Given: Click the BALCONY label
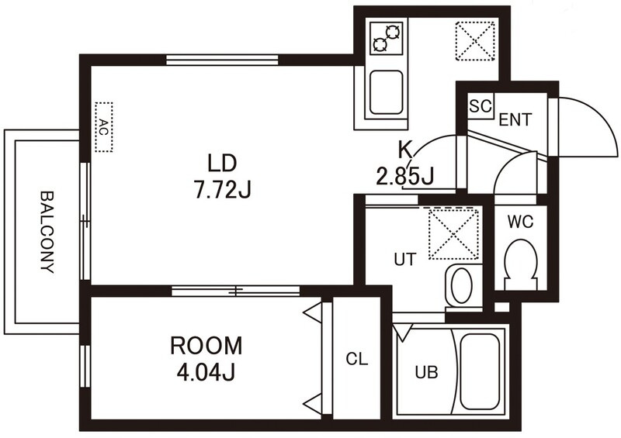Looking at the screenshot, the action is coord(47,233).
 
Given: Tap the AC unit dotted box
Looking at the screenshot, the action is coord(104,127).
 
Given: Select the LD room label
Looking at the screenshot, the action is coord(222,164).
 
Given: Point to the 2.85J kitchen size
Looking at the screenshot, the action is coord(404,176).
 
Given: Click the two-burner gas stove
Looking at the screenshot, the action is coord(386,38).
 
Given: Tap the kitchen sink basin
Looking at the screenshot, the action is coord(386,92).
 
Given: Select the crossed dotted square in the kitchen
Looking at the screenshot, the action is coord(475,41).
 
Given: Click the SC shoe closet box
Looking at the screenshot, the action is coord(480,105).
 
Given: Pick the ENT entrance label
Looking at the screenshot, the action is coord(515,119).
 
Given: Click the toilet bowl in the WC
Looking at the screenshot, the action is coord(521,264).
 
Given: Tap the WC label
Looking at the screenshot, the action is coord(521,222).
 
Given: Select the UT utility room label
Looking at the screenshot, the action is coord(405,260).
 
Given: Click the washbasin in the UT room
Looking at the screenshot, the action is coord(461,285).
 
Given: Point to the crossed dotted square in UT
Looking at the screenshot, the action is coord(454,234).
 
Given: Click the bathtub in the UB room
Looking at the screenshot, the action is coord(480,372).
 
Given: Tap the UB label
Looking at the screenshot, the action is coord(426,372).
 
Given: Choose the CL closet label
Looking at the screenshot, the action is coord(357,359).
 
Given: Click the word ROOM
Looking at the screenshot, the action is coord(206,346).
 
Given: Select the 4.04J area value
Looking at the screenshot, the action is coord(206,371).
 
